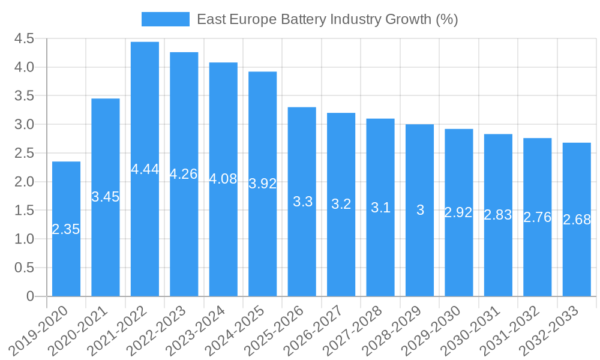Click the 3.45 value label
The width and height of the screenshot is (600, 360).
tap(106, 196)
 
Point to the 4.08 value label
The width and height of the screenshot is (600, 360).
tap(223, 179)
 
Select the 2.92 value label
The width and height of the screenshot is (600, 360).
tap(458, 212)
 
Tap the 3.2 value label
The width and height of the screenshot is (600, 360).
tap(341, 204)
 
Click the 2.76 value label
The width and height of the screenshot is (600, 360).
tap(537, 217)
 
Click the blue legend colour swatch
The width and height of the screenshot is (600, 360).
tap(165, 19)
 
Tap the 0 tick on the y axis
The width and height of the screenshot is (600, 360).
tap(30, 296)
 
